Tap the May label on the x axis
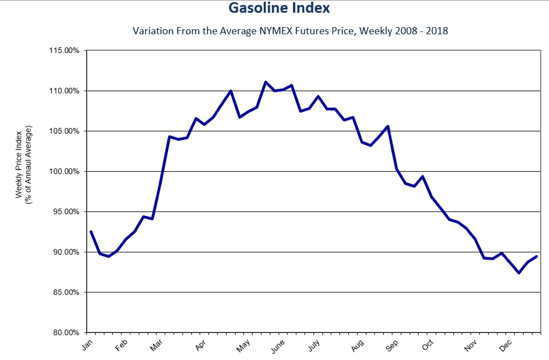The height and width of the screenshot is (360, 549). pyautogui.click(x=243, y=345)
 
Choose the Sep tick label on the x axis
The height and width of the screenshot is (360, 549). pyautogui.click(x=392, y=345)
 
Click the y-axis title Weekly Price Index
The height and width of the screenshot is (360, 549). pyautogui.click(x=19, y=163)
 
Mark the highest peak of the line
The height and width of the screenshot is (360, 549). pyautogui.click(x=265, y=82)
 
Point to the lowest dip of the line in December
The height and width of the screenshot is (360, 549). pyautogui.click(x=519, y=273)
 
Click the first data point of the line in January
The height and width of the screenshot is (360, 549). pyautogui.click(x=91, y=231)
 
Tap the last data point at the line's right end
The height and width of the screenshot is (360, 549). pyautogui.click(x=537, y=256)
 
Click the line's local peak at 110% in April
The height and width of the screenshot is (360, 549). pyautogui.click(x=231, y=91)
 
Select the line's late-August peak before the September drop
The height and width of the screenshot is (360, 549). pyautogui.click(x=388, y=126)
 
